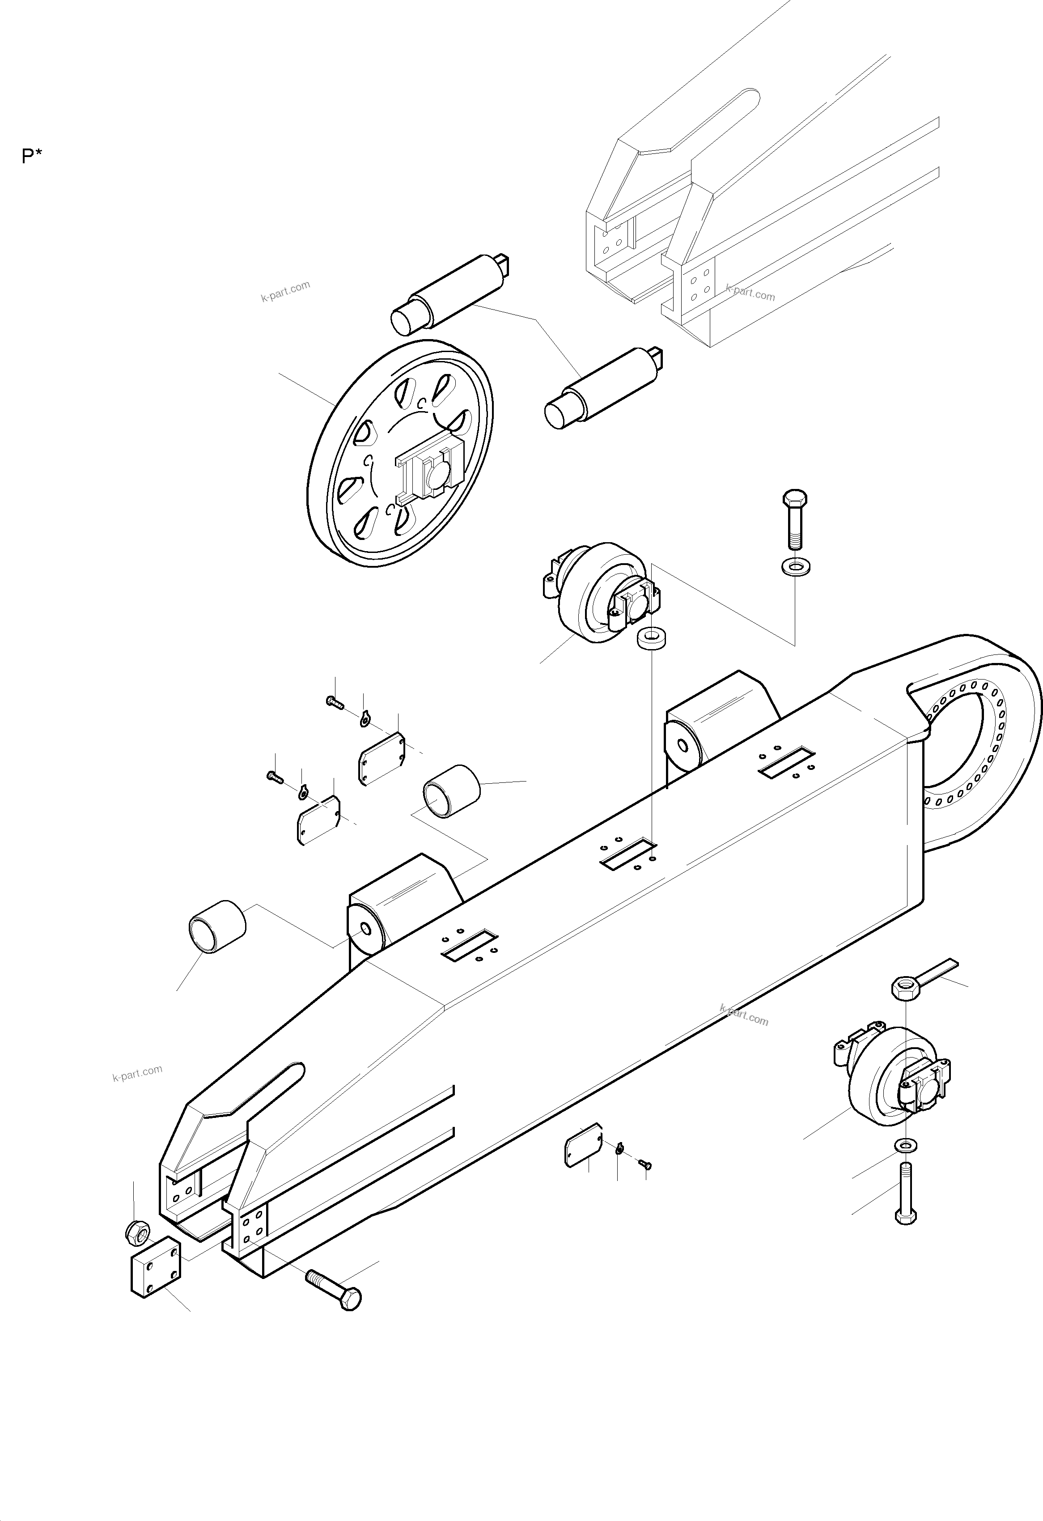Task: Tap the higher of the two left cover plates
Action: pos(382,758)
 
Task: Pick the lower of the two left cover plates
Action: pos(318,820)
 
